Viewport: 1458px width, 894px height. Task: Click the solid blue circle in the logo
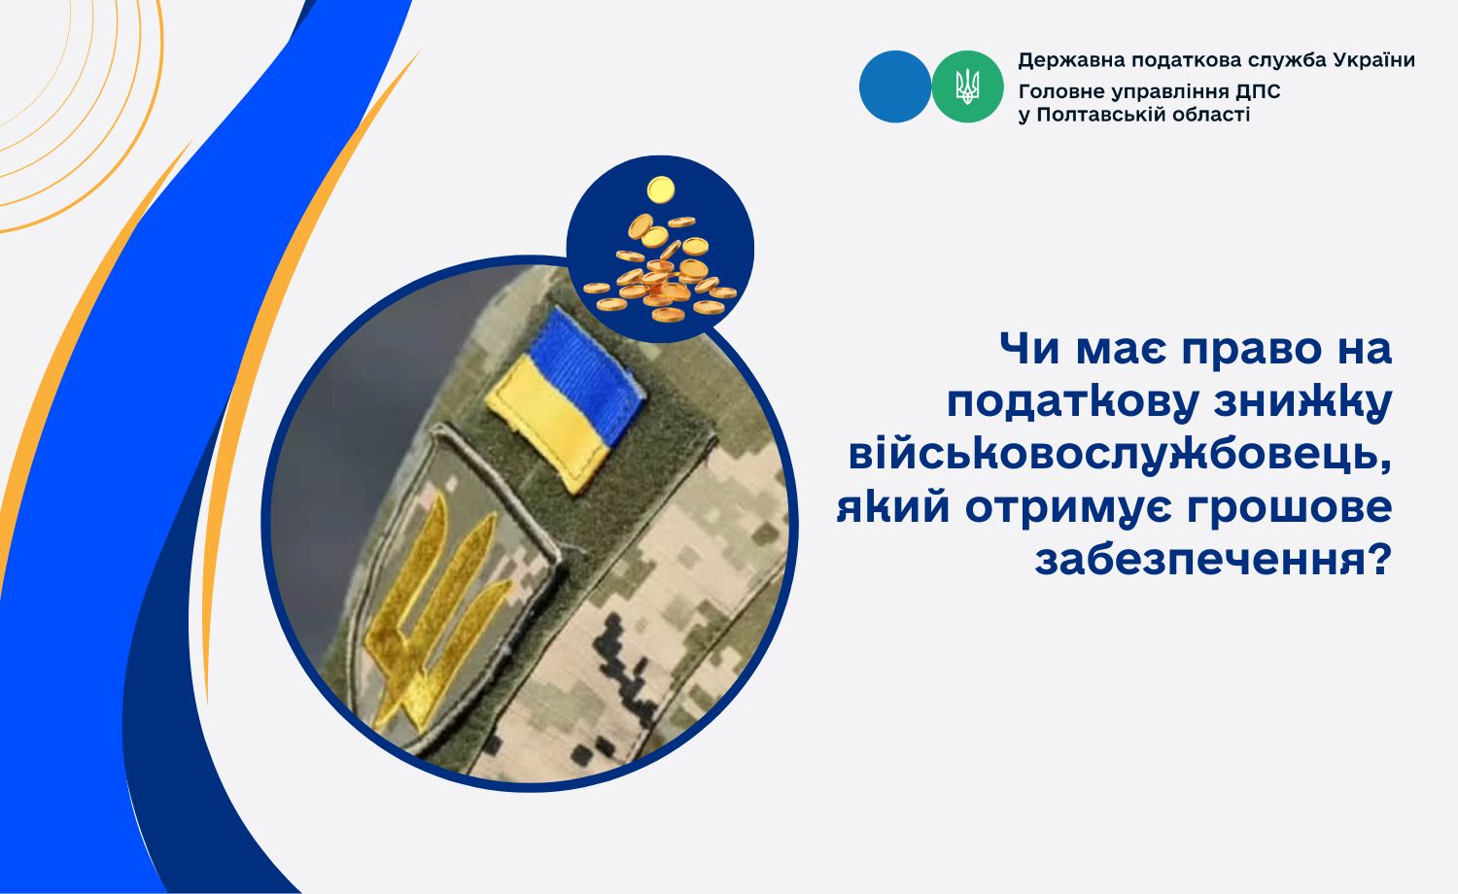pos(895,86)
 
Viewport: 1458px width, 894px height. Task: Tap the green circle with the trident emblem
pos(967,86)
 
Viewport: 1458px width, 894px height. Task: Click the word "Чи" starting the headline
pos(1029,349)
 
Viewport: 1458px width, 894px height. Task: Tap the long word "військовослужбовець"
pos(1120,455)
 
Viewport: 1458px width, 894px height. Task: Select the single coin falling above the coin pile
pos(661,189)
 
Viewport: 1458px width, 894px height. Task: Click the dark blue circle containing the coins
pos(661,249)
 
